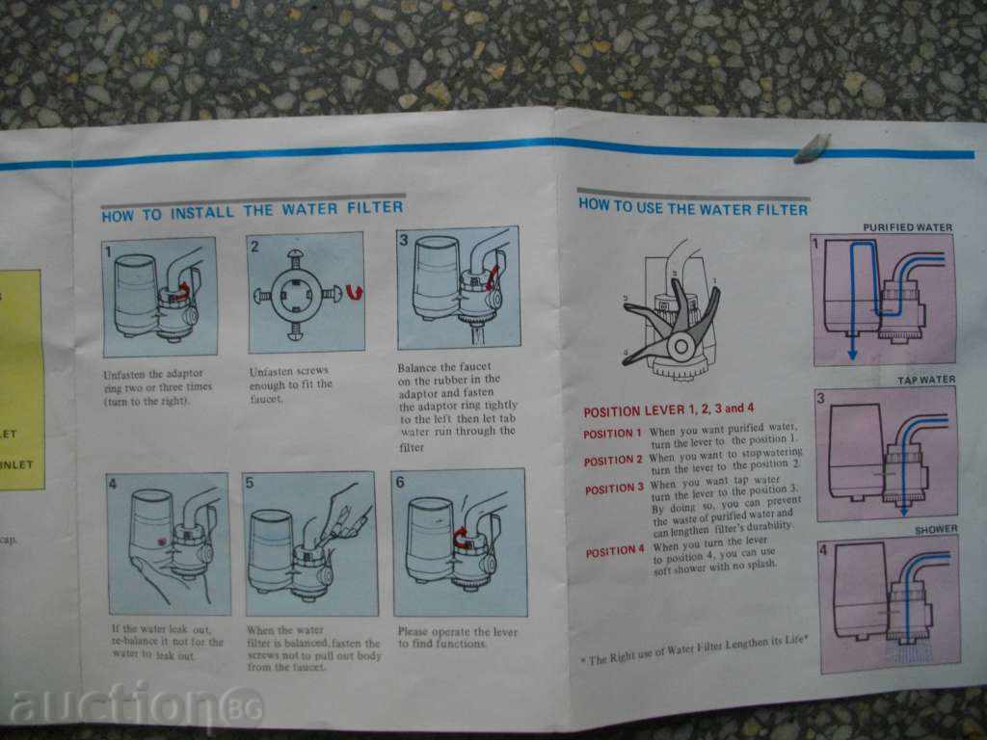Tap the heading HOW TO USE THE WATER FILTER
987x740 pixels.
point(692,206)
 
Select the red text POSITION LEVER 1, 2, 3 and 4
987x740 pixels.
point(668,410)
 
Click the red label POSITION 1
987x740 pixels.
point(612,434)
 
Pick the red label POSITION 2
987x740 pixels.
point(612,461)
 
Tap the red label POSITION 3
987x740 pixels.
point(613,489)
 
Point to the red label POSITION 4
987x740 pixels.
point(614,551)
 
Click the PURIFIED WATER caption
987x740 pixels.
point(907,227)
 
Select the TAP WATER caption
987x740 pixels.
point(926,380)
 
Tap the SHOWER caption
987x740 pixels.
point(936,529)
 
